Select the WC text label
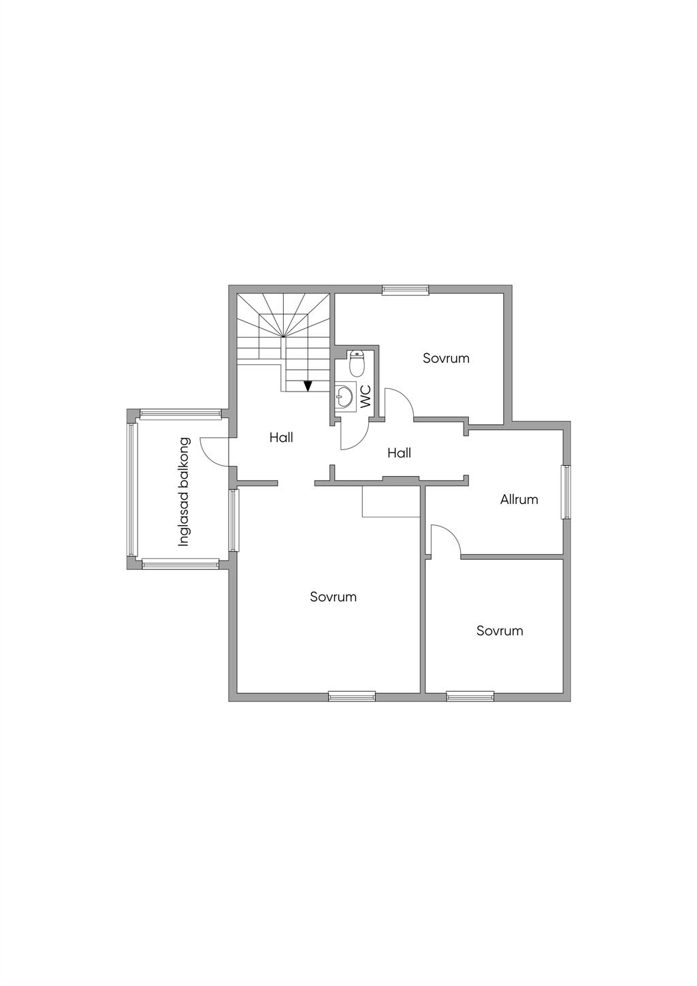366,397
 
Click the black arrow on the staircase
308,386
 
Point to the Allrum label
519,499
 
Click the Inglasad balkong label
184,491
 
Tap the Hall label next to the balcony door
281,437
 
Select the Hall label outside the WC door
399,452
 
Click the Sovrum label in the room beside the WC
446,357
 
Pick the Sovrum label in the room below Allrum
500,631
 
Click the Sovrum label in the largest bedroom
333,597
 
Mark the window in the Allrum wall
565,492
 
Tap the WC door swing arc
354,436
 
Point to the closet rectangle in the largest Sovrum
391,503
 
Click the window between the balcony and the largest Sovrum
233,520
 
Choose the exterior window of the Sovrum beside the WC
406,289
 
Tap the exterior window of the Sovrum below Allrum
470,696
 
